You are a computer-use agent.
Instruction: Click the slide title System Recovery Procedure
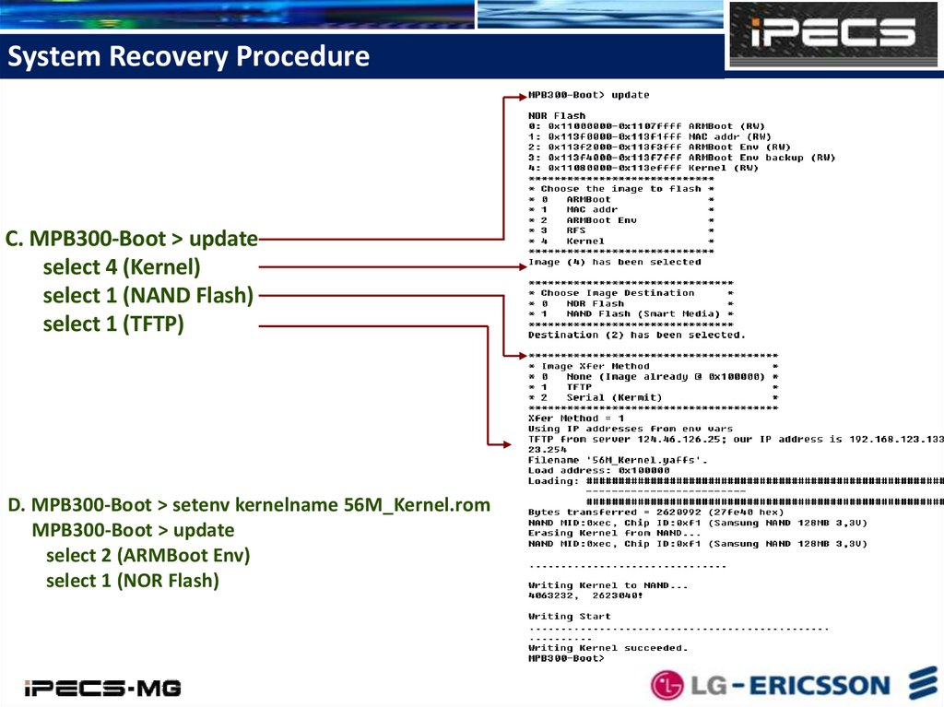[x=188, y=57]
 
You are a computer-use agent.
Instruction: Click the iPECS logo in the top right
[x=832, y=34]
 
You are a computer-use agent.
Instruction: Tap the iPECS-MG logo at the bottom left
[x=102, y=688]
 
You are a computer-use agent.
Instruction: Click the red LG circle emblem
[x=667, y=685]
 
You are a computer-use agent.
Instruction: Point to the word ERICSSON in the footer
[x=819, y=685]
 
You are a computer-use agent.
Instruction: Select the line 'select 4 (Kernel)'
[x=122, y=267]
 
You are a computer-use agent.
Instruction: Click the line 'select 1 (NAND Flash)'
[x=147, y=296]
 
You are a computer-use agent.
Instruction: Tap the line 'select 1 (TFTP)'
[x=113, y=324]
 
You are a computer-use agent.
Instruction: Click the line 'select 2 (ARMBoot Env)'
[x=147, y=556]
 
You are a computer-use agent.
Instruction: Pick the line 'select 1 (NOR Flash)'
[x=132, y=581]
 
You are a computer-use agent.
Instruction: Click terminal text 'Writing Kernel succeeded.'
[x=608, y=647]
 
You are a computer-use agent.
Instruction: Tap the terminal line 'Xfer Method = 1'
[x=576, y=418]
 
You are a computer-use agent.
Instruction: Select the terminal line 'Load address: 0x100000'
[x=599, y=470]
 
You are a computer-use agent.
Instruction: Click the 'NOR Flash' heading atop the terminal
[x=557, y=115]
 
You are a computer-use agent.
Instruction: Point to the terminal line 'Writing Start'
[x=570, y=616]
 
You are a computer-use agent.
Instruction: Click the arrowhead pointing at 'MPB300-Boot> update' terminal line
[x=521, y=95]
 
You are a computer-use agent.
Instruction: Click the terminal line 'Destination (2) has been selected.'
[x=637, y=335]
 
